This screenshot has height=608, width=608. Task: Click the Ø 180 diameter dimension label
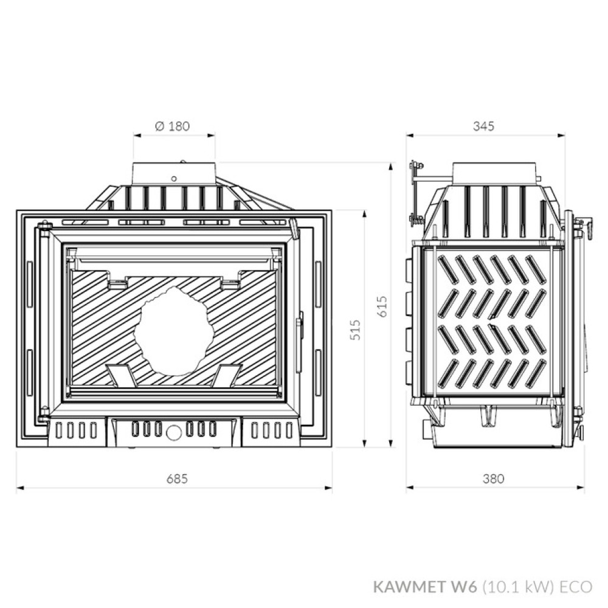click(x=173, y=126)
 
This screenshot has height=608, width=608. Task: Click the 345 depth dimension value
click(x=485, y=126)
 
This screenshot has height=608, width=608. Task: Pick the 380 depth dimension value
click(x=493, y=478)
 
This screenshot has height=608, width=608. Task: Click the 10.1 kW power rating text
click(x=519, y=587)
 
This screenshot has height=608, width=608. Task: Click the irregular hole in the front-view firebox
click(x=174, y=329)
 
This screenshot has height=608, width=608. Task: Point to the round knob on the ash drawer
click(x=173, y=432)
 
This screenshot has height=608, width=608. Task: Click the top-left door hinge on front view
click(x=44, y=229)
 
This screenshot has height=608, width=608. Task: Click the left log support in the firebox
click(x=122, y=375)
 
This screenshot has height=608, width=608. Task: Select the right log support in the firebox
click(x=227, y=375)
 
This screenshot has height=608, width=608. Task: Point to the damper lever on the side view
click(x=416, y=192)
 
